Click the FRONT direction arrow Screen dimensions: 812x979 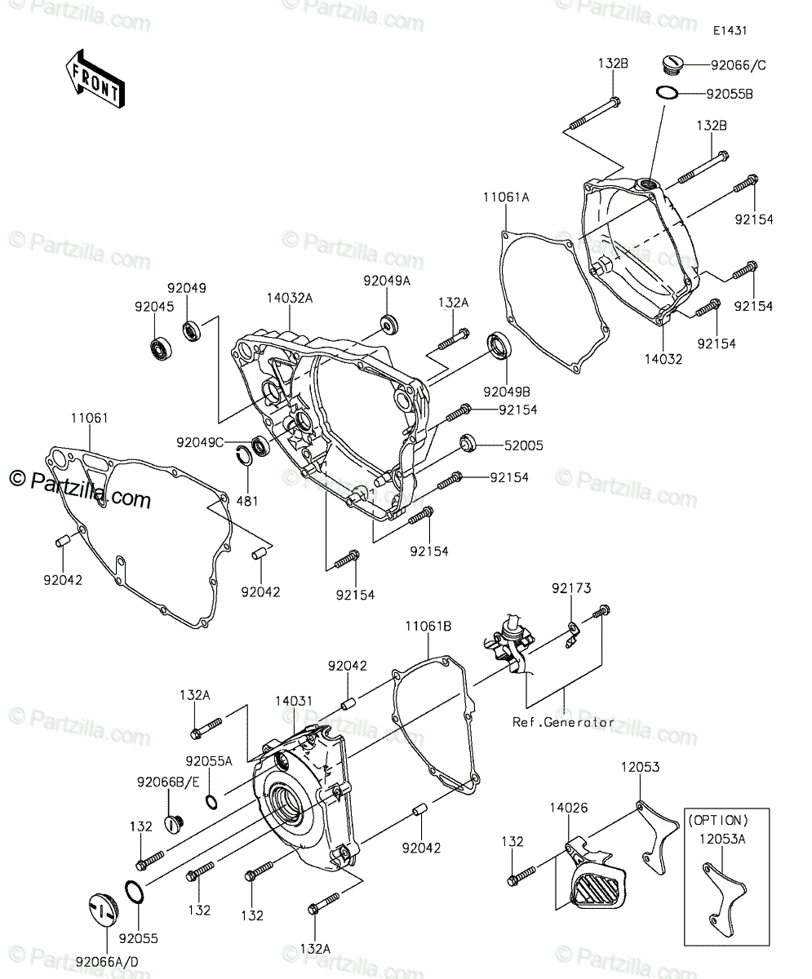coord(95,79)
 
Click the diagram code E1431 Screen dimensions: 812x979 coord(730,30)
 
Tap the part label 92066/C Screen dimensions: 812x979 coord(739,65)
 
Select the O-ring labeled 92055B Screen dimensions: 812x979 coord(667,93)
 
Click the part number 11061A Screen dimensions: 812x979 coord(506,197)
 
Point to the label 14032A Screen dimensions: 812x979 coord(290,298)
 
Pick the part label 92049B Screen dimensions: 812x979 coord(507,392)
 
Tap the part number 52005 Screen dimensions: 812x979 coord(523,445)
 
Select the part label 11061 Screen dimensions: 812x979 coord(90,418)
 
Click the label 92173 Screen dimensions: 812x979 coord(571,588)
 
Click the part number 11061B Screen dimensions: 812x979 coord(428,626)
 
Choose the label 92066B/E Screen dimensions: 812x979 coord(168,782)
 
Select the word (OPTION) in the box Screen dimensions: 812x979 coord(718,820)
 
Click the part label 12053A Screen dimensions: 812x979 coord(722,839)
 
